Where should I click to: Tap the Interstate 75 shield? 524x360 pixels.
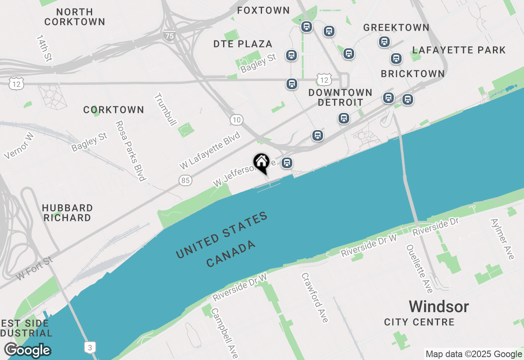(169, 36)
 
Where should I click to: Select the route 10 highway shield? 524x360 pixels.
(236, 119)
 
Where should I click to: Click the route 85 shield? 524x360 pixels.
(185, 180)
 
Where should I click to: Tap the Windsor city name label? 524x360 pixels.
(439, 306)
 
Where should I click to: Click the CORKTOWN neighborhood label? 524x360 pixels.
(113, 110)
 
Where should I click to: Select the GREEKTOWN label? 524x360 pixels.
(396, 27)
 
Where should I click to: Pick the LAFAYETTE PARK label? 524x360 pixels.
(459, 50)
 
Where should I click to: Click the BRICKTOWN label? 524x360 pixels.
(413, 74)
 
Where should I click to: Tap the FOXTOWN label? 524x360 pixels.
(263, 10)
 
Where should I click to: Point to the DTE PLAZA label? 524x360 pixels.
(243, 44)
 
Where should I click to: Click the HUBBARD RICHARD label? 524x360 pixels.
(67, 213)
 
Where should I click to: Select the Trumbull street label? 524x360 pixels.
(165, 110)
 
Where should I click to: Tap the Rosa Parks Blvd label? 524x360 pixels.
(131, 151)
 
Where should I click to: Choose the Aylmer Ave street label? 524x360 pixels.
(502, 239)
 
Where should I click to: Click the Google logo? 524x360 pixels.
(27, 351)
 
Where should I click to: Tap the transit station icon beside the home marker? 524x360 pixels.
(287, 163)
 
